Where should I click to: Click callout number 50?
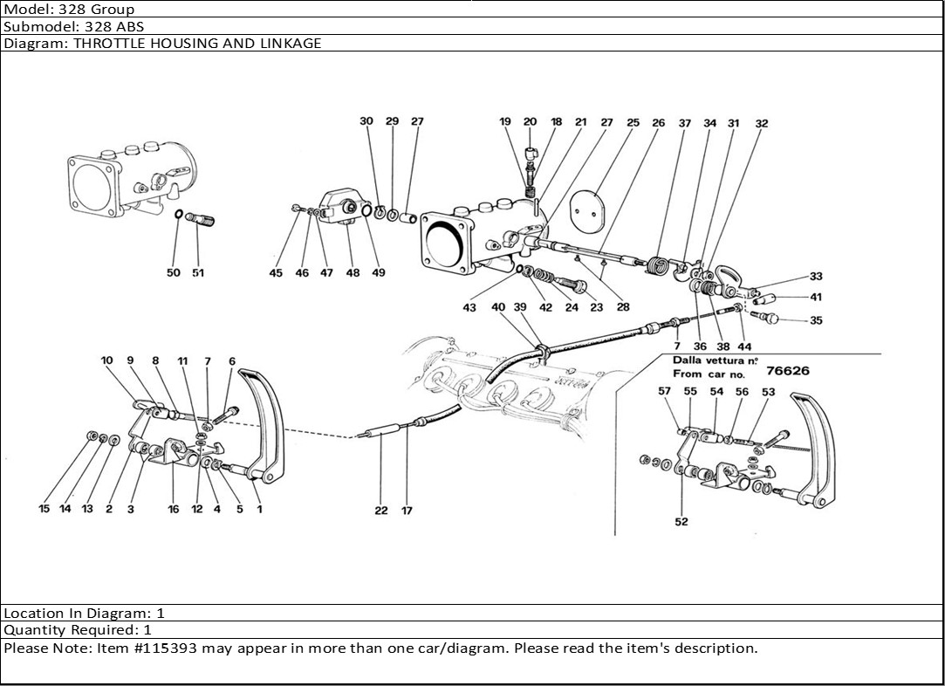(x=174, y=273)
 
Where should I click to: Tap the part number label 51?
(x=198, y=273)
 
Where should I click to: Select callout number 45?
(x=276, y=273)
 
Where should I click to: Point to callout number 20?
(x=530, y=122)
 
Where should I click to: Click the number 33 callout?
(x=816, y=277)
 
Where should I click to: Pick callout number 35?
(x=816, y=321)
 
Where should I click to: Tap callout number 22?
(x=381, y=511)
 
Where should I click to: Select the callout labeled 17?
(x=407, y=511)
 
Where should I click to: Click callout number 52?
(x=681, y=522)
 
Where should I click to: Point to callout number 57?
(x=665, y=392)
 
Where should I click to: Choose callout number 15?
(x=44, y=510)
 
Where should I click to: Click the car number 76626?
(x=787, y=371)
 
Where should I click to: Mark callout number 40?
(x=498, y=307)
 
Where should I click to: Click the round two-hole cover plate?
(x=587, y=207)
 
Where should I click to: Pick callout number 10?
(x=106, y=360)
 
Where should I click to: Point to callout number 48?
(x=353, y=273)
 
